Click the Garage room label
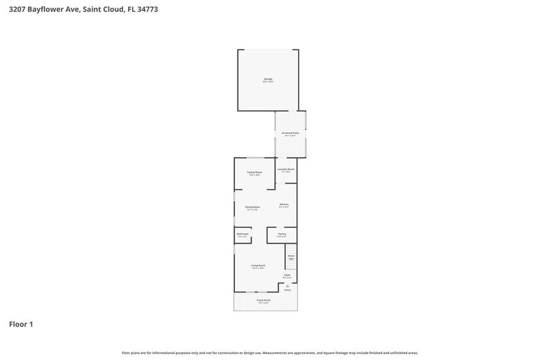point(268,79)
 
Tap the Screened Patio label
point(290,133)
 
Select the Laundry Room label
point(286,169)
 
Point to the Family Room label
point(254,173)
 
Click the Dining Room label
point(253,208)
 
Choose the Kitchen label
point(284,204)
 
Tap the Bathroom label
point(242,234)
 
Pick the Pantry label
point(282,234)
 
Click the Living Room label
point(258,266)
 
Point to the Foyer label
point(287,276)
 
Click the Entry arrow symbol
point(287,286)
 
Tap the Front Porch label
point(263,301)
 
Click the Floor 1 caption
point(21,324)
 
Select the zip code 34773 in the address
point(148,9)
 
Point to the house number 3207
point(17,9)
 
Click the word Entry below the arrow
point(287,290)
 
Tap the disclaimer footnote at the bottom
point(270,353)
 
